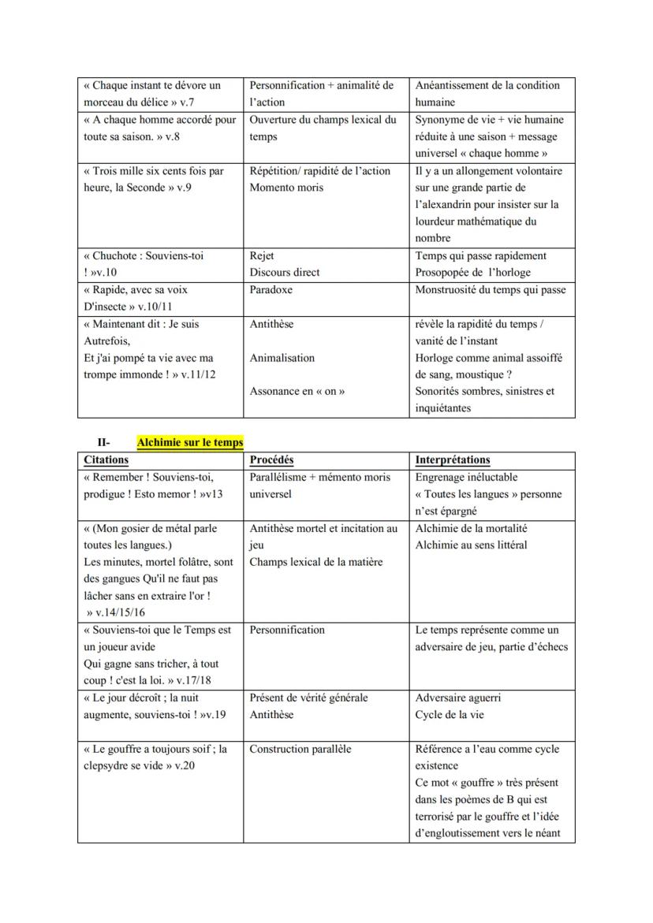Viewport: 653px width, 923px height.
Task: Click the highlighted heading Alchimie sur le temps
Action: click(189, 443)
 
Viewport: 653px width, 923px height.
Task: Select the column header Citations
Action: click(106, 460)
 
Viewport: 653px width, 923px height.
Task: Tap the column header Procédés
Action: click(271, 460)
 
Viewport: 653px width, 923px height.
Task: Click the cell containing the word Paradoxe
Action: click(271, 290)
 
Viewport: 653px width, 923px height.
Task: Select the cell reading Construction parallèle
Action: click(300, 750)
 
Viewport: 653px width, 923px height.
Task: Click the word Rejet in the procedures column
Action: click(262, 256)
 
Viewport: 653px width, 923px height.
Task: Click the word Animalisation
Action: click(282, 358)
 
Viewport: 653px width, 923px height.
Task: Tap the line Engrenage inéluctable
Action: click(466, 478)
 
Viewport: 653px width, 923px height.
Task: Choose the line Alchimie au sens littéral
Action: click(471, 545)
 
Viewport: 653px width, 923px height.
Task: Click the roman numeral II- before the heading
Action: click(103, 443)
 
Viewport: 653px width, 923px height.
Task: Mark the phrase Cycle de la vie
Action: click(450, 715)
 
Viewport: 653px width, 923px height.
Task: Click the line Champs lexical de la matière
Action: click(315, 562)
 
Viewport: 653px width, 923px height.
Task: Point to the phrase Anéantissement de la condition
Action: click(487, 86)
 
